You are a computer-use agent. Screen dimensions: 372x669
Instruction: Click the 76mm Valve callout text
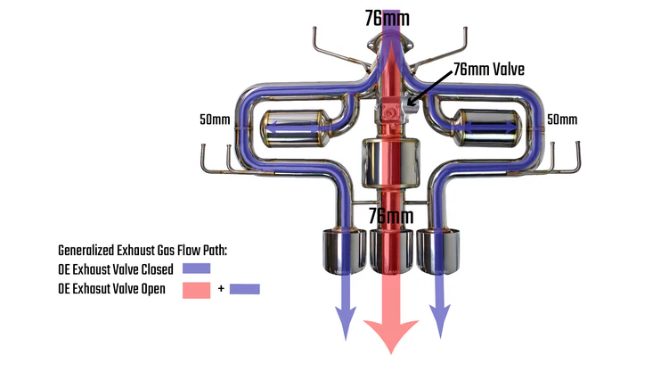pyautogui.click(x=490, y=69)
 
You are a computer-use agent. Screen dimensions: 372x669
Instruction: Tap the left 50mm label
pyautogui.click(x=217, y=119)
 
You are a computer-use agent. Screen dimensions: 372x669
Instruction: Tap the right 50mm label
pyautogui.click(x=561, y=119)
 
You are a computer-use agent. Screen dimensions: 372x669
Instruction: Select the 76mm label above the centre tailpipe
pyautogui.click(x=390, y=215)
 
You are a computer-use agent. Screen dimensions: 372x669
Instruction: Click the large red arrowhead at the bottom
pyautogui.click(x=389, y=335)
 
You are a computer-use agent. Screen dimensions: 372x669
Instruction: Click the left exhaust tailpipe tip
pyautogui.click(x=339, y=251)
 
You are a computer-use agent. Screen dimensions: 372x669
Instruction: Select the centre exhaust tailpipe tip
pyautogui.click(x=390, y=252)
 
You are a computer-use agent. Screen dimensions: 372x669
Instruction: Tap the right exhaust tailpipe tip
pyautogui.click(x=439, y=251)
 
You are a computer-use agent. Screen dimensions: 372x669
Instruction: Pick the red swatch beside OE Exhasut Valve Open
pyautogui.click(x=196, y=289)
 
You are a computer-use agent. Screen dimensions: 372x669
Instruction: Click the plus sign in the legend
pyautogui.click(x=221, y=289)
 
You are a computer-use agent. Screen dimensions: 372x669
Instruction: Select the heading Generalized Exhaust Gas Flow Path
pyautogui.click(x=143, y=250)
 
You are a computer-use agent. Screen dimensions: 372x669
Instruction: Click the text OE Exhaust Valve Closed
pyautogui.click(x=115, y=269)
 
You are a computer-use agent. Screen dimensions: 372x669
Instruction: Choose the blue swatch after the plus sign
pyautogui.click(x=245, y=289)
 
